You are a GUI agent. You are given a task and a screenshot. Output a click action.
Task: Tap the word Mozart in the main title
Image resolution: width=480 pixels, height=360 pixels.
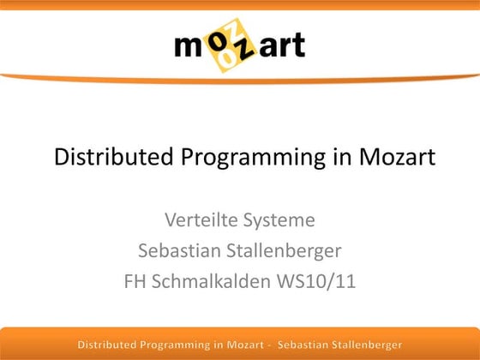tap(389, 158)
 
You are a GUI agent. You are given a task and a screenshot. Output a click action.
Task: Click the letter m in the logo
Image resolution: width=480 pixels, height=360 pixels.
tap(190, 45)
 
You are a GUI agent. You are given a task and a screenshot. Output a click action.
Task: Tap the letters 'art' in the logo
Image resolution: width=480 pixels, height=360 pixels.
tap(280, 45)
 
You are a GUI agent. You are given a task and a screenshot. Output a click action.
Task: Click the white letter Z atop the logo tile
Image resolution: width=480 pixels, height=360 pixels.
tap(236, 29)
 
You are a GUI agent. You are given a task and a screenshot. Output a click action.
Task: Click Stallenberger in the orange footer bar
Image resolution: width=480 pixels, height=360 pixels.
tap(364, 345)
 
